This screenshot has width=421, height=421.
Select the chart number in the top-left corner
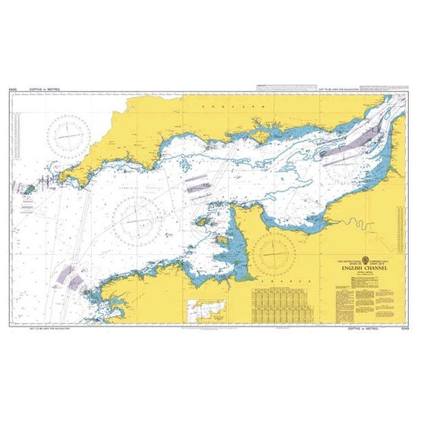[12, 90]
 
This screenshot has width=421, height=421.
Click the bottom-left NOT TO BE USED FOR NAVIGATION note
[48, 331]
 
